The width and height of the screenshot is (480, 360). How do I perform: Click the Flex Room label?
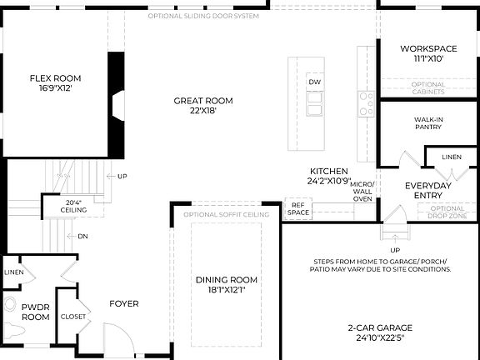click(55, 78)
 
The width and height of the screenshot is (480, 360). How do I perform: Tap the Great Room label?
click(202, 101)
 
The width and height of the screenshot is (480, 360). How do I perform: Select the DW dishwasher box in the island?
click(315, 82)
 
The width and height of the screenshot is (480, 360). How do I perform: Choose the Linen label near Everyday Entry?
click(451, 157)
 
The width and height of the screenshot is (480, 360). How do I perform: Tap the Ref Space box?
click(298, 208)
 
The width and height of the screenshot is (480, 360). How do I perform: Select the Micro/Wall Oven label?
click(362, 191)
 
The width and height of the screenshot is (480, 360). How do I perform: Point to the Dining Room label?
click(227, 280)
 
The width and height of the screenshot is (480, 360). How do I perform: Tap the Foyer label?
click(124, 303)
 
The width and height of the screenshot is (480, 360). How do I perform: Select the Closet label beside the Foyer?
click(73, 317)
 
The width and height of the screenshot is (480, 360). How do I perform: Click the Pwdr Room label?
click(36, 312)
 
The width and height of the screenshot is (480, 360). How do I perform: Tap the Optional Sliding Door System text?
click(202, 16)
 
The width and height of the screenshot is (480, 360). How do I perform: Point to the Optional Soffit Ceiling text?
click(227, 215)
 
